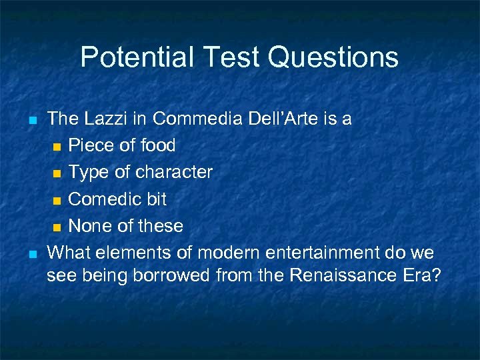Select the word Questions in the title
[333, 57]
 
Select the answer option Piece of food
[122, 145]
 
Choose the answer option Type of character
[140, 172]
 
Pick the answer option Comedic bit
[117, 199]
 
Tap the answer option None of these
[125, 226]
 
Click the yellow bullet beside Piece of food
[58, 147]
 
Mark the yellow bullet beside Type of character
[58, 173]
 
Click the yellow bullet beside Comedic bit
[58, 200]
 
